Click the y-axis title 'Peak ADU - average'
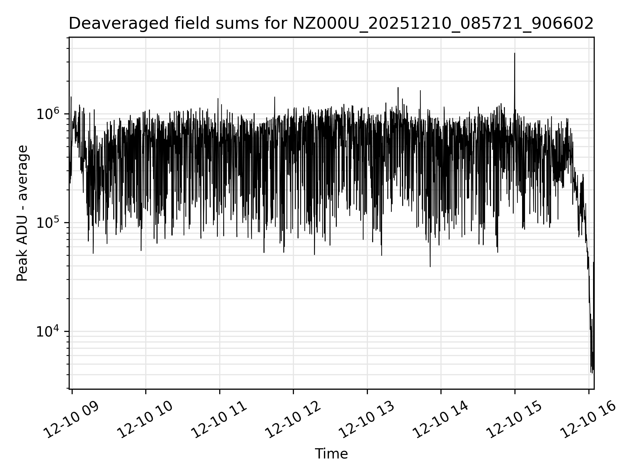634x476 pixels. pos(22,213)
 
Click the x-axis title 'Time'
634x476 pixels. pos(331,454)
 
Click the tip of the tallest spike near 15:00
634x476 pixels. pos(514,53)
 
